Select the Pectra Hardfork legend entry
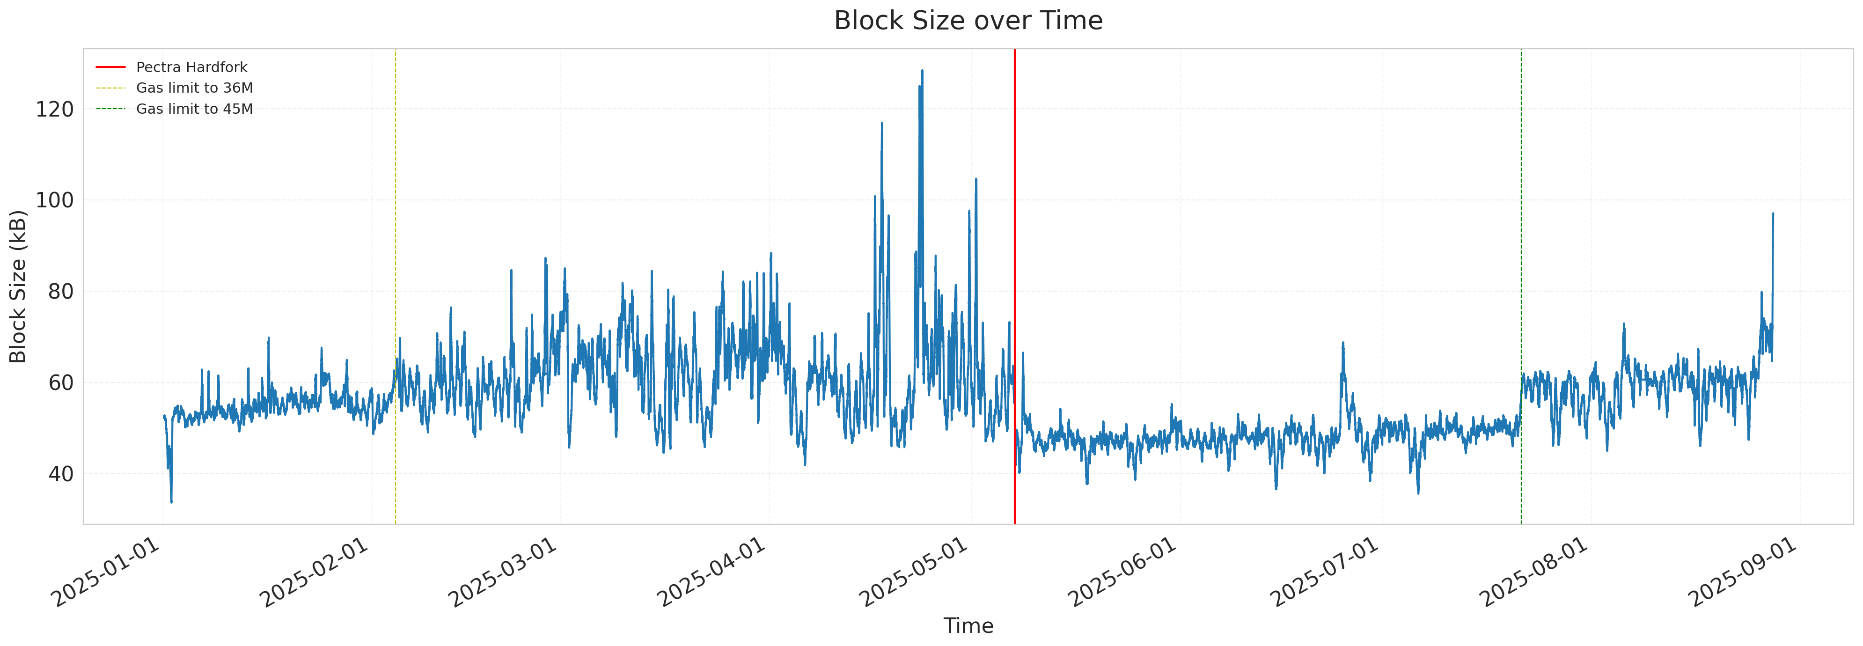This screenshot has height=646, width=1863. tap(191, 67)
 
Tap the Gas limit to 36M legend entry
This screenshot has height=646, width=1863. tap(194, 88)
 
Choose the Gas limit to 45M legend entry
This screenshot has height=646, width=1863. tap(194, 109)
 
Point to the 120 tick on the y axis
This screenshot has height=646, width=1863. tap(55, 109)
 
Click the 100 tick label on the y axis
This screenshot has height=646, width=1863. tap(55, 200)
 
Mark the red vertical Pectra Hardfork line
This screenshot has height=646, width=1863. tap(1015, 217)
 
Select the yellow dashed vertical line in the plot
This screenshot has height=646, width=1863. tap(396, 217)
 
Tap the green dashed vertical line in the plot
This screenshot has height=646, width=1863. tap(1521, 217)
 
